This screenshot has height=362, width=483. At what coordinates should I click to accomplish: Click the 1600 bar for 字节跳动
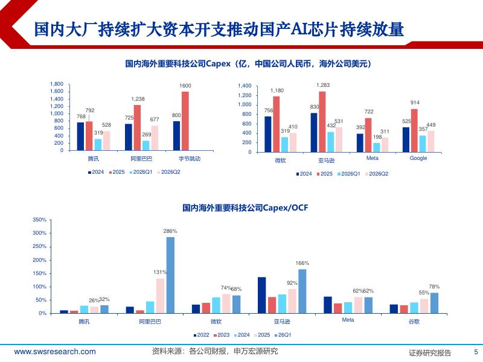pos(185,121)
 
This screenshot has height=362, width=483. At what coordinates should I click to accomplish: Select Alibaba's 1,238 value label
pos(138,99)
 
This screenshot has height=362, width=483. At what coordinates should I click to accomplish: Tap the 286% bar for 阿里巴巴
pos(170,275)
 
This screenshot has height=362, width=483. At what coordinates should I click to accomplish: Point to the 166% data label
pos(302,263)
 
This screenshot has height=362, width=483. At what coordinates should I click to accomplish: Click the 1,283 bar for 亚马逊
pos(322,122)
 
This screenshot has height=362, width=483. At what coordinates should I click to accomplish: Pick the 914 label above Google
pos(415,103)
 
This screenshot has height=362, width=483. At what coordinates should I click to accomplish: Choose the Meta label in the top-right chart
pos(372,158)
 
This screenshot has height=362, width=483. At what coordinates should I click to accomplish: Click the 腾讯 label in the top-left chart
pos(94,159)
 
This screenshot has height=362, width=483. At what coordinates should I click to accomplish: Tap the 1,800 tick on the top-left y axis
pos(57,84)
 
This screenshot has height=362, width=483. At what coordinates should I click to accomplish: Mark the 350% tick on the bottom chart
pos(39,220)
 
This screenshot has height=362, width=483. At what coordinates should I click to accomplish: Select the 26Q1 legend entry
pos(283,335)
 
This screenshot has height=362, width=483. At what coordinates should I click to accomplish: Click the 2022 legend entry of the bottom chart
pos(201,335)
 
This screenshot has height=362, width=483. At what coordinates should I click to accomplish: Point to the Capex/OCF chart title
pos(245,208)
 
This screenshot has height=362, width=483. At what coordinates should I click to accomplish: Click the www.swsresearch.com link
pos(55,352)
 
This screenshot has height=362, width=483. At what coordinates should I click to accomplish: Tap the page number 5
pos(476,352)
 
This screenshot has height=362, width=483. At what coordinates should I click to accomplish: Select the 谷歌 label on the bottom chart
pos(414,322)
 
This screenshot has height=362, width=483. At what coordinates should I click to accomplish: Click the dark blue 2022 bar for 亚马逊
pos(262,295)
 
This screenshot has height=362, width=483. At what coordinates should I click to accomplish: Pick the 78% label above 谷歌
pos(434,287)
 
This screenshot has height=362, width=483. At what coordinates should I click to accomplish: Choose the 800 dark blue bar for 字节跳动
pos(176,136)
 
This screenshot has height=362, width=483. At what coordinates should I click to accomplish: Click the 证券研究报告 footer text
pos(430,353)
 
